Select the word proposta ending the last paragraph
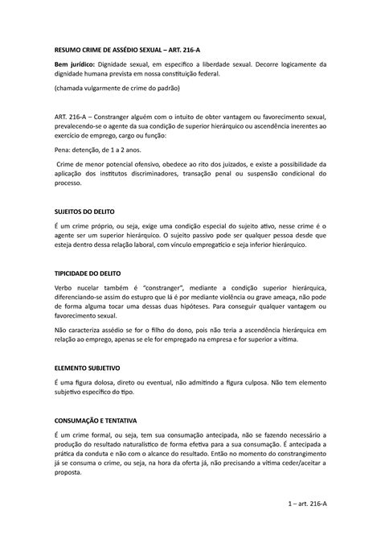(x=68, y=474)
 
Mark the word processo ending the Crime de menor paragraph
(x=68, y=183)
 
